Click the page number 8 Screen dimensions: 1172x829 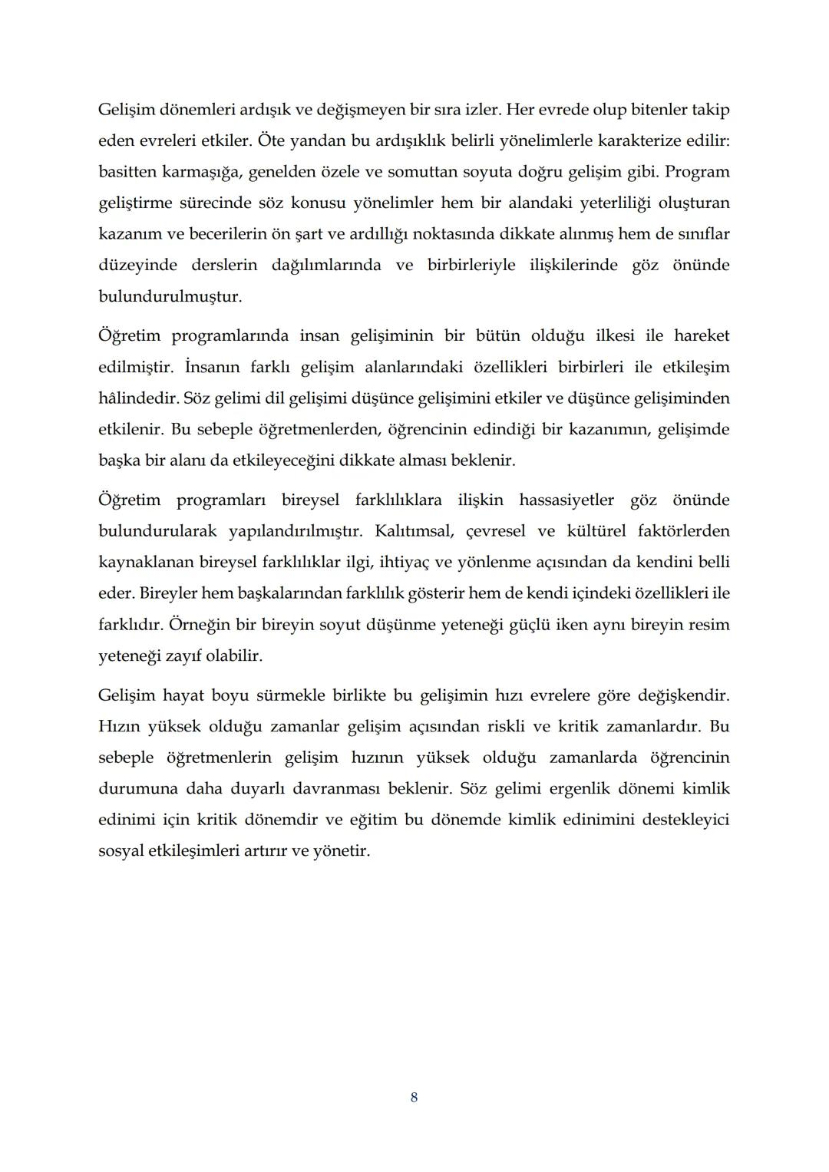tap(414, 1098)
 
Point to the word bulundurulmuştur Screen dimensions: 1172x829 tap(170, 296)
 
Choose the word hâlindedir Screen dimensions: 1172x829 tap(137, 398)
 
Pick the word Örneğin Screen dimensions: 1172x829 tap(199, 624)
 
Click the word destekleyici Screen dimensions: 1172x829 tap(685, 820)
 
